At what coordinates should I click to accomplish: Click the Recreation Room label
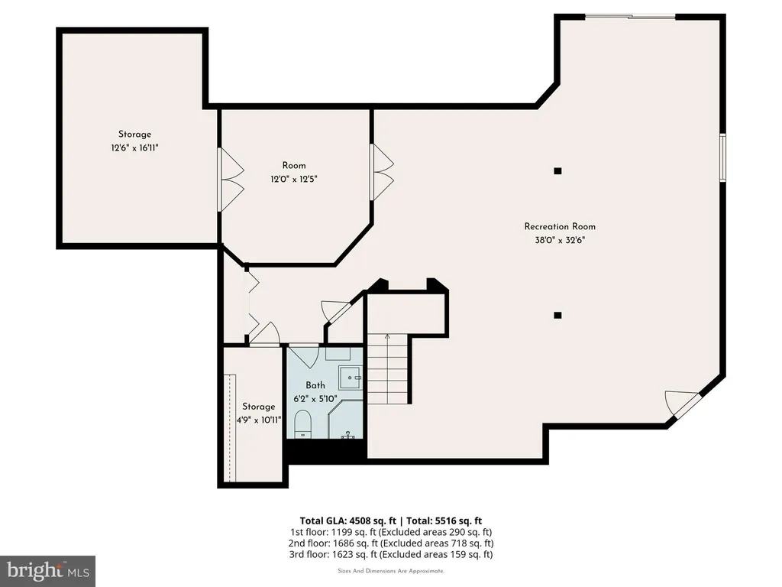560,226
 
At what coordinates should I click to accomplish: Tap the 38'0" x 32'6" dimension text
560,240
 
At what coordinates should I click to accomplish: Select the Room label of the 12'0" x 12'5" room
294,166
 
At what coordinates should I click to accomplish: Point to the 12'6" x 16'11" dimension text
134,148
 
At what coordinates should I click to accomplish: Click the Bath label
315,385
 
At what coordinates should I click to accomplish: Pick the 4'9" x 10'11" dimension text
259,420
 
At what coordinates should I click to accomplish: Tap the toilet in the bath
302,423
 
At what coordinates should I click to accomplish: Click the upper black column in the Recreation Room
557,171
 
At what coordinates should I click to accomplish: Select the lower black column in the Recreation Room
557,316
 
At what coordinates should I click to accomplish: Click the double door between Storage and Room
231,179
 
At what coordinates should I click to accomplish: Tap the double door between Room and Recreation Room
382,172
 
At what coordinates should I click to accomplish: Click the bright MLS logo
48,571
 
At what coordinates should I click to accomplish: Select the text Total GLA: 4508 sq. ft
348,521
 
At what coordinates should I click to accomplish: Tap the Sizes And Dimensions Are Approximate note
391,571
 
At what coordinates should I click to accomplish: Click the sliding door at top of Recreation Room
630,18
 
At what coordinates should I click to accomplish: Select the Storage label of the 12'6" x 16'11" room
134,135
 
